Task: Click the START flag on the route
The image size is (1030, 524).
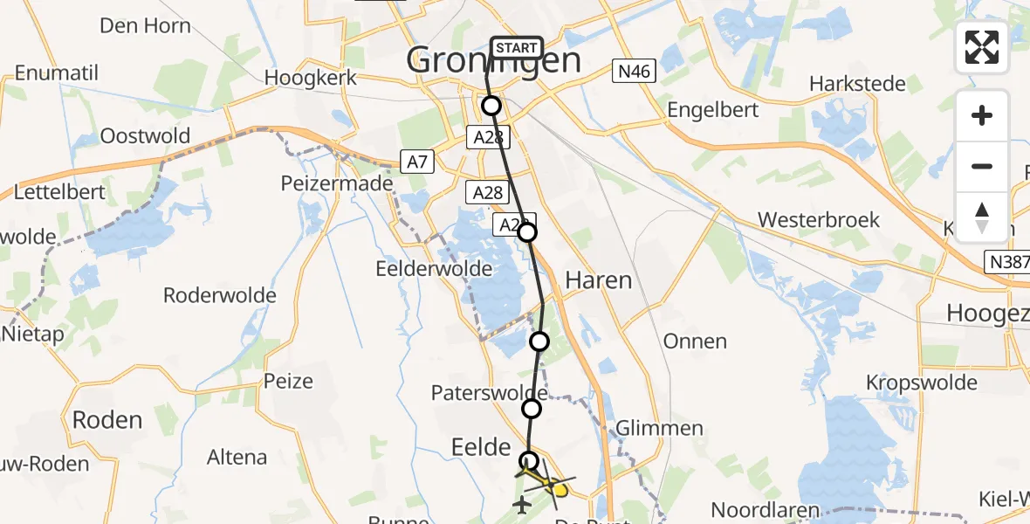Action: pyautogui.click(x=518, y=48)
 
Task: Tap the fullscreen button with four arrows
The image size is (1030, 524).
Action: pyautogui.click(x=982, y=47)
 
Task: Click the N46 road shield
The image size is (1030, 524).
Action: pyautogui.click(x=633, y=72)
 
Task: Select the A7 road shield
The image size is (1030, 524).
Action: pyautogui.click(x=416, y=161)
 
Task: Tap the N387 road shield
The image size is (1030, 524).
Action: pyautogui.click(x=1007, y=261)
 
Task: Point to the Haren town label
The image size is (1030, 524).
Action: pyautogui.click(x=598, y=280)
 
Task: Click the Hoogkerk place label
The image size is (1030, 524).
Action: pyautogui.click(x=311, y=78)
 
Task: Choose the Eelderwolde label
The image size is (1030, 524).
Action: pyautogui.click(x=434, y=268)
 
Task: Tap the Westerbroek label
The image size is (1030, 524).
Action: pyautogui.click(x=819, y=219)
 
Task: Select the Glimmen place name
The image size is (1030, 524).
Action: pyautogui.click(x=660, y=428)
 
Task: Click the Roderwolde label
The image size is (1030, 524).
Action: pyautogui.click(x=220, y=295)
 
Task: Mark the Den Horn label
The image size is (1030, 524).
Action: pyautogui.click(x=145, y=25)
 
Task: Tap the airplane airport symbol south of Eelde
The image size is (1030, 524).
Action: pyautogui.click(x=523, y=504)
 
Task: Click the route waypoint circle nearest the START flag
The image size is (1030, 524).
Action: pyautogui.click(x=491, y=106)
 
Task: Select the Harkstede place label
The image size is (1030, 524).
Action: pyautogui.click(x=858, y=84)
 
